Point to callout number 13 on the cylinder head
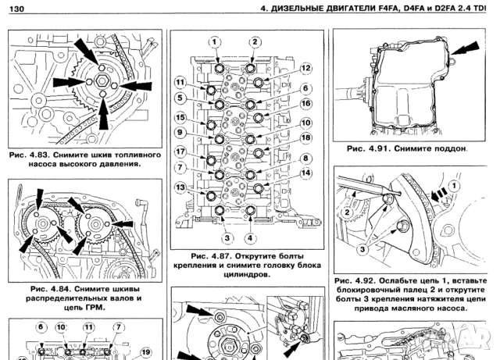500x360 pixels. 180,187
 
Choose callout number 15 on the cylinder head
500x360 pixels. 180,118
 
